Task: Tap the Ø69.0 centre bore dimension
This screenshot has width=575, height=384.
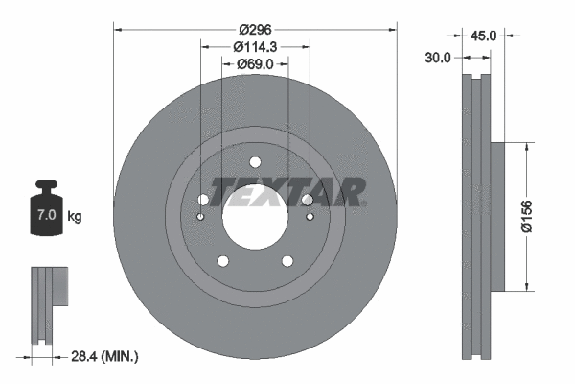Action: tap(255, 63)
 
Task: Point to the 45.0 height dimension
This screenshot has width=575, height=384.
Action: tap(486, 36)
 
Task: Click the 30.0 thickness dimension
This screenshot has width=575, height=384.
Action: tap(438, 58)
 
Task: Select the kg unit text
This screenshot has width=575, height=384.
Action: tap(75, 217)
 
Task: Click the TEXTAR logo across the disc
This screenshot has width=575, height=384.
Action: tap(287, 192)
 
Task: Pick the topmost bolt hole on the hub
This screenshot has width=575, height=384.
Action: tap(255, 162)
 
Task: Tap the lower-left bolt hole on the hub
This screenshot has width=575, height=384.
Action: tap(222, 261)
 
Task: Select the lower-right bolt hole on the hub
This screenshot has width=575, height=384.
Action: tap(287, 261)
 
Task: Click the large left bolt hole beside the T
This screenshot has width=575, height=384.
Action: tap(203, 200)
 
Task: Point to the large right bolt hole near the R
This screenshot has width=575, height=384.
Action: tap(307, 200)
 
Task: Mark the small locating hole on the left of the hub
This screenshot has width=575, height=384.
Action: tap(200, 217)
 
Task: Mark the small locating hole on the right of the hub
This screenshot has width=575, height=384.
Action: tap(310, 217)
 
